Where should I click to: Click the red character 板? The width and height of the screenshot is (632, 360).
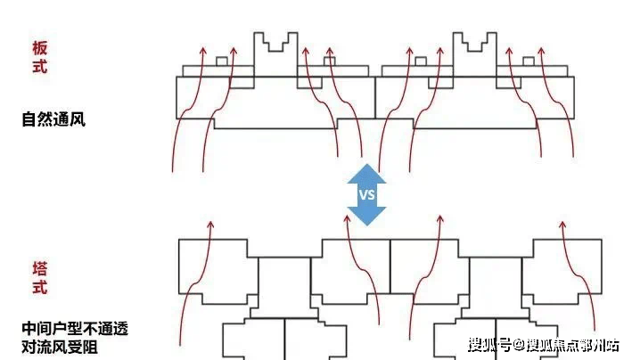tap(39, 47)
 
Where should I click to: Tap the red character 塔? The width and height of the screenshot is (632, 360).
tap(39, 267)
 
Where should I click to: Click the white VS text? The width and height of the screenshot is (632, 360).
tap(366, 194)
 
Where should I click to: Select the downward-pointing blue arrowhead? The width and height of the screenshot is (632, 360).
tap(366, 216)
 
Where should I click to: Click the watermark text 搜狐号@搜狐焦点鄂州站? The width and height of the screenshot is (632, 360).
tap(543, 345)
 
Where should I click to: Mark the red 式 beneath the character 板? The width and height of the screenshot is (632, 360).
tap(39, 67)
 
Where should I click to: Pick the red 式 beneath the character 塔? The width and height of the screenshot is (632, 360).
tap(39, 287)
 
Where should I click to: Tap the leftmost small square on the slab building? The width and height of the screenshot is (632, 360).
tap(221, 61)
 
